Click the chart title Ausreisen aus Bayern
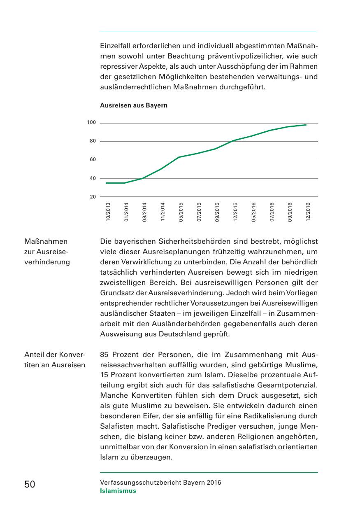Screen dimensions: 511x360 (x=134, y=105)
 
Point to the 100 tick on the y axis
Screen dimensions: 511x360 (x=91, y=123)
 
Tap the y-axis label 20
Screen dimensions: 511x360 (x=93, y=197)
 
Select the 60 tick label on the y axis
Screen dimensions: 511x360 (x=93, y=160)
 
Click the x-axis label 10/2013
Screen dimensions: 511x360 (x=108, y=212)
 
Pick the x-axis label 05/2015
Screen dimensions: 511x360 (x=181, y=212)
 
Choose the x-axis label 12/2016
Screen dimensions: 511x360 (x=308, y=212)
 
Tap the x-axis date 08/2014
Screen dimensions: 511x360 (x=144, y=212)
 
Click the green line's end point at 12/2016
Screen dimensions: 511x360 (x=306, y=125)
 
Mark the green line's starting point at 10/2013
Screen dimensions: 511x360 (x=106, y=183)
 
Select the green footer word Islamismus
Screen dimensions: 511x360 (x=118, y=491)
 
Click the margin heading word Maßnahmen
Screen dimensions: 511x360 (x=46, y=241)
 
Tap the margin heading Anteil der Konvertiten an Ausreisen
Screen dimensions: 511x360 (x=55, y=359)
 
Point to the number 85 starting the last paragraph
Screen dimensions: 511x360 (x=105, y=354)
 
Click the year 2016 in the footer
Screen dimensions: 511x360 (x=214, y=483)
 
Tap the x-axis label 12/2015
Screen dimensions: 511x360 (x=235, y=212)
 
